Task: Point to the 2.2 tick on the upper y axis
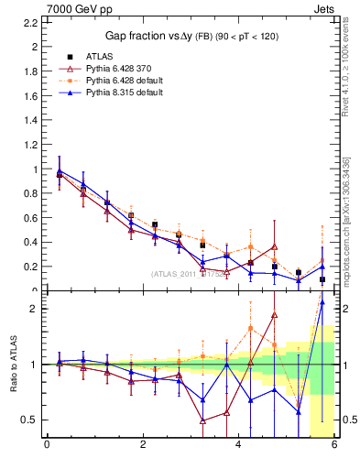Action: [32, 47]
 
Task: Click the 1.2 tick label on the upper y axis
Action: [32, 145]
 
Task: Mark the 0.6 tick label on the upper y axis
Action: [32, 218]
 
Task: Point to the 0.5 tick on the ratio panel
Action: [30, 420]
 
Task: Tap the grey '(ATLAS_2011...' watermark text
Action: [192, 273]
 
